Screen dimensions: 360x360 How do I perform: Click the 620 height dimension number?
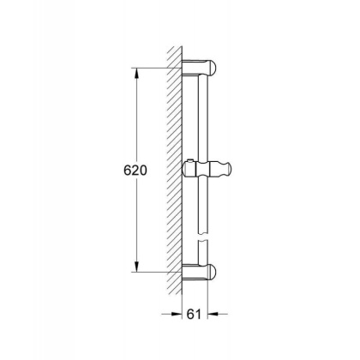[x=125, y=171]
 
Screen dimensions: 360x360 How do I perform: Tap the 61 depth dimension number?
[x=197, y=315]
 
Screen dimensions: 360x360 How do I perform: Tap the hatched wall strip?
[x=176, y=171]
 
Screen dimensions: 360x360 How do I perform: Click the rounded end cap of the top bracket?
[x=214, y=67]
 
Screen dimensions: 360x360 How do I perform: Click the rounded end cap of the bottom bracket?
[x=214, y=273]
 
